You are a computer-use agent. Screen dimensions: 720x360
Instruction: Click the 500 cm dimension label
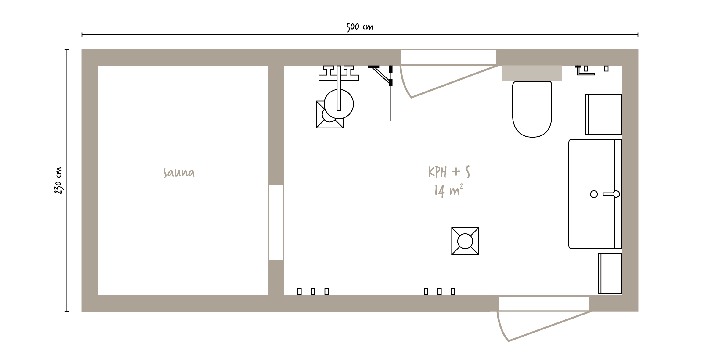point(360,27)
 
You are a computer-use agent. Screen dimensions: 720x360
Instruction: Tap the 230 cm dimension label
point(58,181)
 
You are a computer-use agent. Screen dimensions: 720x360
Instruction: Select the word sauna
point(179,173)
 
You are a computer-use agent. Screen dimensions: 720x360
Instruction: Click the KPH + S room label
point(449,172)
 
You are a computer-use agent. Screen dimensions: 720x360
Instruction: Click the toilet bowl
point(532,109)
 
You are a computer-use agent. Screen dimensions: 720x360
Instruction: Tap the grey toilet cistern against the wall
point(532,73)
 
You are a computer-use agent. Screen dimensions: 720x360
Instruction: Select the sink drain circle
point(594,194)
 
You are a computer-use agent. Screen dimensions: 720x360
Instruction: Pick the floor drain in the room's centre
point(465,241)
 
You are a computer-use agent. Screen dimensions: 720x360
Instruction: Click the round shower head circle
point(339,104)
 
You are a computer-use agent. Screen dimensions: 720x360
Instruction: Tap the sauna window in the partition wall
point(276,222)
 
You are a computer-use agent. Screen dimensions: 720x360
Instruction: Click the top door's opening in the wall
point(448,57)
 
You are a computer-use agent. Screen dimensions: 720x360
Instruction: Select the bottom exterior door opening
point(544,304)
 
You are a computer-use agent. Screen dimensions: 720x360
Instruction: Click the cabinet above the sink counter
point(603,114)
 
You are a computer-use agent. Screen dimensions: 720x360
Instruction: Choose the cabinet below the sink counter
point(610,274)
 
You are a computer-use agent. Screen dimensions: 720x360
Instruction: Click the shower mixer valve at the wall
point(339,73)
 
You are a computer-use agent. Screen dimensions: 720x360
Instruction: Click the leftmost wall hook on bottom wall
point(299,292)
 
